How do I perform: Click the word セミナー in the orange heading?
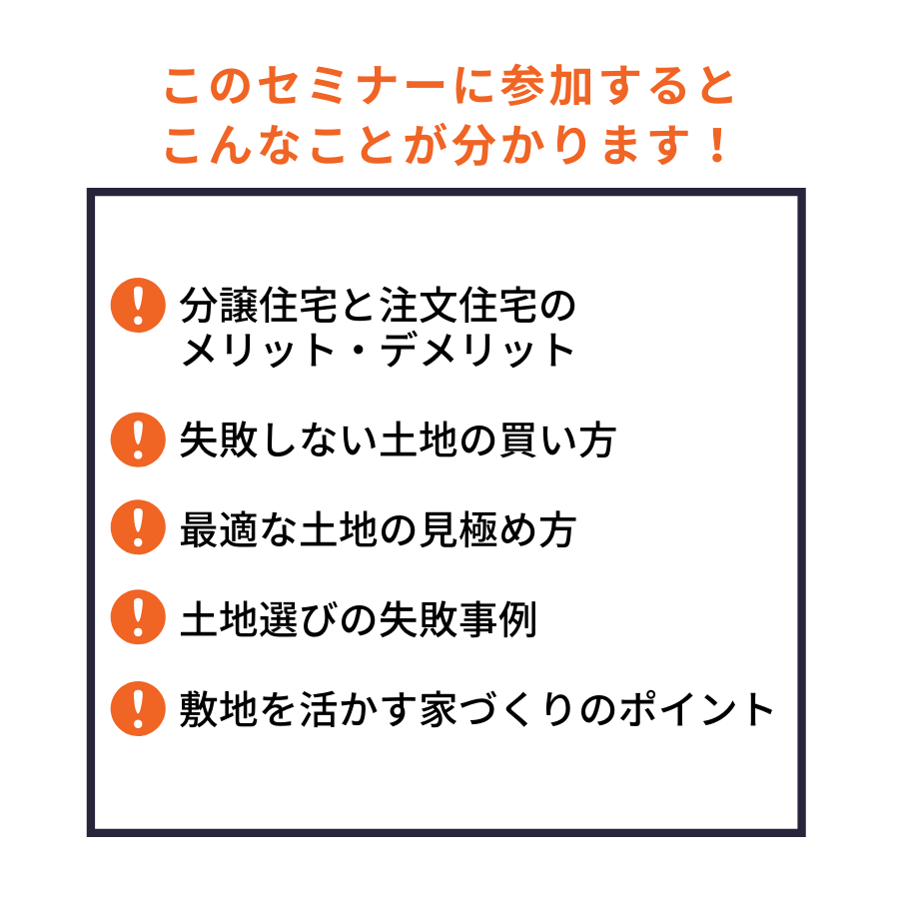pos(352,87)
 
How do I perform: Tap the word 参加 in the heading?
pos(545,87)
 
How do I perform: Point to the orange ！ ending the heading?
pos(717,145)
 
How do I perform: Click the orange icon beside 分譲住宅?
pos(138,305)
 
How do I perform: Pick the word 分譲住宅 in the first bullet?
pos(259,305)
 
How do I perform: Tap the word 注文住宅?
pos(458,305)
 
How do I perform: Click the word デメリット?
pos(477,350)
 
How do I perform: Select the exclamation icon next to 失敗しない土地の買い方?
pos(138,440)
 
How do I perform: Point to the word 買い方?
pos(557,441)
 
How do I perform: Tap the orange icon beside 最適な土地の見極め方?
pos(138,526)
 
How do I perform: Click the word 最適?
pos(219,529)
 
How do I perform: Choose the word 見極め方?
pos(497,529)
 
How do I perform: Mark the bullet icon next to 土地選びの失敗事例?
pos(138,617)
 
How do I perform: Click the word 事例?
pos(497,619)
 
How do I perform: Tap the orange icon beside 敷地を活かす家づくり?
pos(138,708)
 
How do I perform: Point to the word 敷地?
pos(219,710)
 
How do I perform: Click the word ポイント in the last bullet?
pos(696,710)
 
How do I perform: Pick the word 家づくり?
pos(496,710)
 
